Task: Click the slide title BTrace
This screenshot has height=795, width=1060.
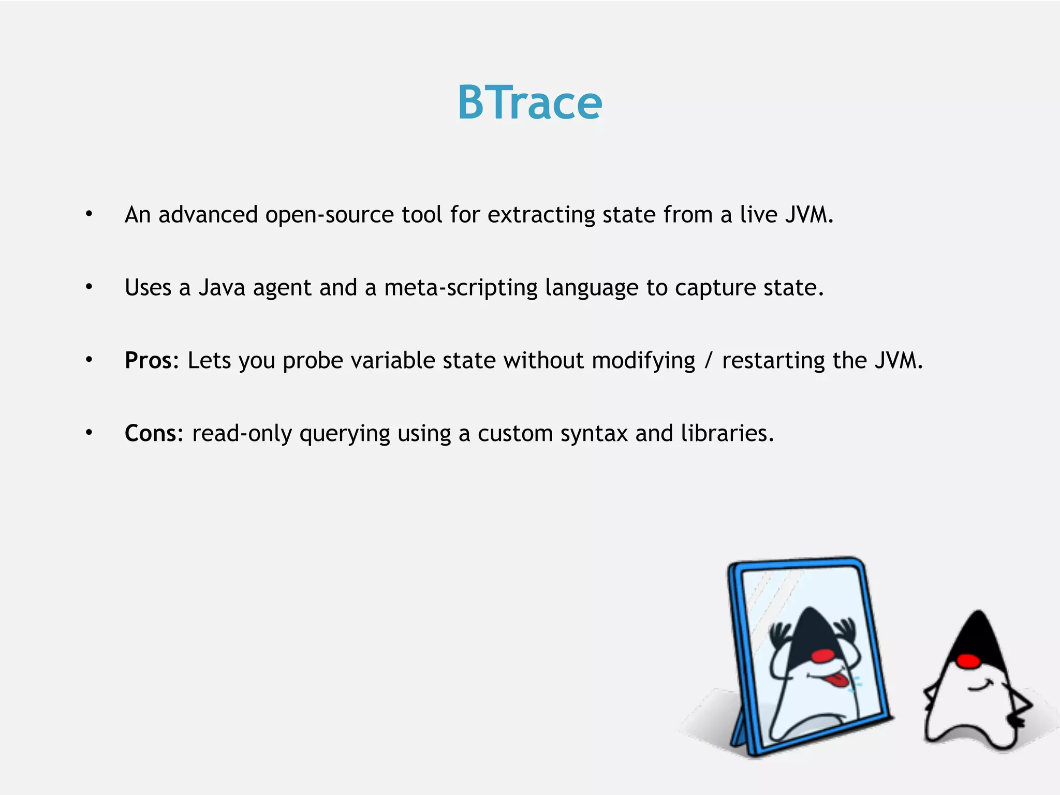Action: pos(529,103)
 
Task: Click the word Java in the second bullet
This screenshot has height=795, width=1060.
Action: pos(222,288)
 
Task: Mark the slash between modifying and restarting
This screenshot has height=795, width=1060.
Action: pos(708,360)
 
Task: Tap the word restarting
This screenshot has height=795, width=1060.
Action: pos(773,360)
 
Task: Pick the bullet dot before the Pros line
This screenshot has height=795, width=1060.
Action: pos(89,359)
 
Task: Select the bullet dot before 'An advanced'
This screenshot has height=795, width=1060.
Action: pos(89,214)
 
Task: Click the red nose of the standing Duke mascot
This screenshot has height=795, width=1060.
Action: pos(968,661)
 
